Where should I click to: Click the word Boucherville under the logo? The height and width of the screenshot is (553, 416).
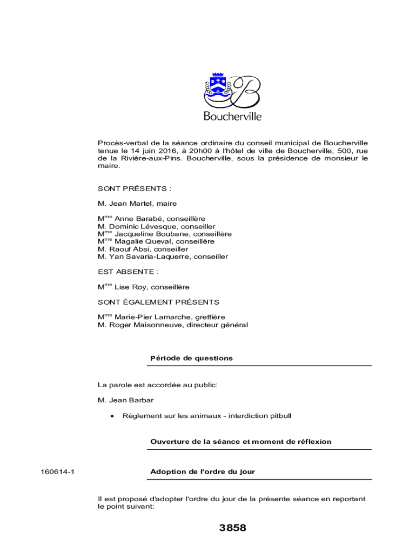pyautogui.click(x=232, y=116)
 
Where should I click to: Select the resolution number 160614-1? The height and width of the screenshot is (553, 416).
pyautogui.click(x=57, y=472)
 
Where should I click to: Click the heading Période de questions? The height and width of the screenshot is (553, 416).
pyautogui.click(x=191, y=358)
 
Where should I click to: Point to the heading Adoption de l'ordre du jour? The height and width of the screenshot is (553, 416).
pyautogui.click(x=203, y=472)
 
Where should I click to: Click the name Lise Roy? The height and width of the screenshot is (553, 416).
pyautogui.click(x=127, y=287)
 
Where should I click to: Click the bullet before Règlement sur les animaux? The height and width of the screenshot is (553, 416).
pyautogui.click(x=111, y=416)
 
